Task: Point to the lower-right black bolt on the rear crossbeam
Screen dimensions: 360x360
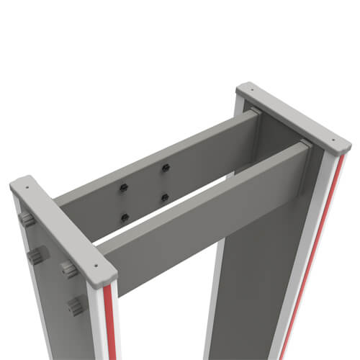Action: pyautogui.click(x=166, y=197)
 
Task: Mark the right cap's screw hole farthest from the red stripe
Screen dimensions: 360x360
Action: pyautogui.click(x=248, y=91)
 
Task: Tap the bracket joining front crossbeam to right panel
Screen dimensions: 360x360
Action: pyautogui.click(x=305, y=144)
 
